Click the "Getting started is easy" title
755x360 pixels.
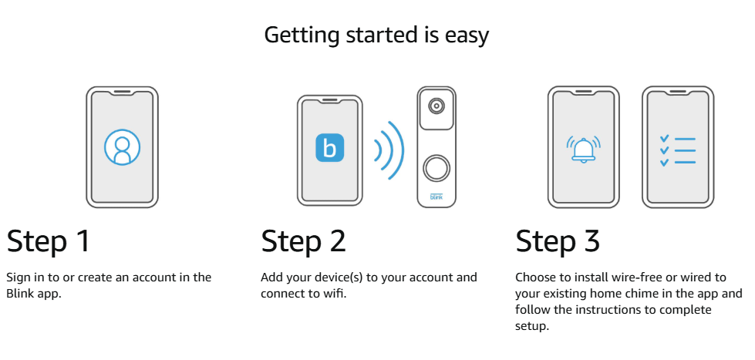[376, 35]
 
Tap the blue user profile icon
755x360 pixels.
[123, 147]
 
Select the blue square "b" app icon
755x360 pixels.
[330, 148]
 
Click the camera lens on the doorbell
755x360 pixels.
[436, 106]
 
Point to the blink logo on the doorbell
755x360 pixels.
[436, 197]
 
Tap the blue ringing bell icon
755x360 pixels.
[584, 150]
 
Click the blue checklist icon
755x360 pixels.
[678, 150]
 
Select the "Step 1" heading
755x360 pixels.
[48, 241]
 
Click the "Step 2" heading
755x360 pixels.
[303, 241]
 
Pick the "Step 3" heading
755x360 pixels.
[558, 241]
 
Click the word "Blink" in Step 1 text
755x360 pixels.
[18, 294]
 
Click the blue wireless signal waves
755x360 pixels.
[389, 150]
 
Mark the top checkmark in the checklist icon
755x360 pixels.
[665, 139]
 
